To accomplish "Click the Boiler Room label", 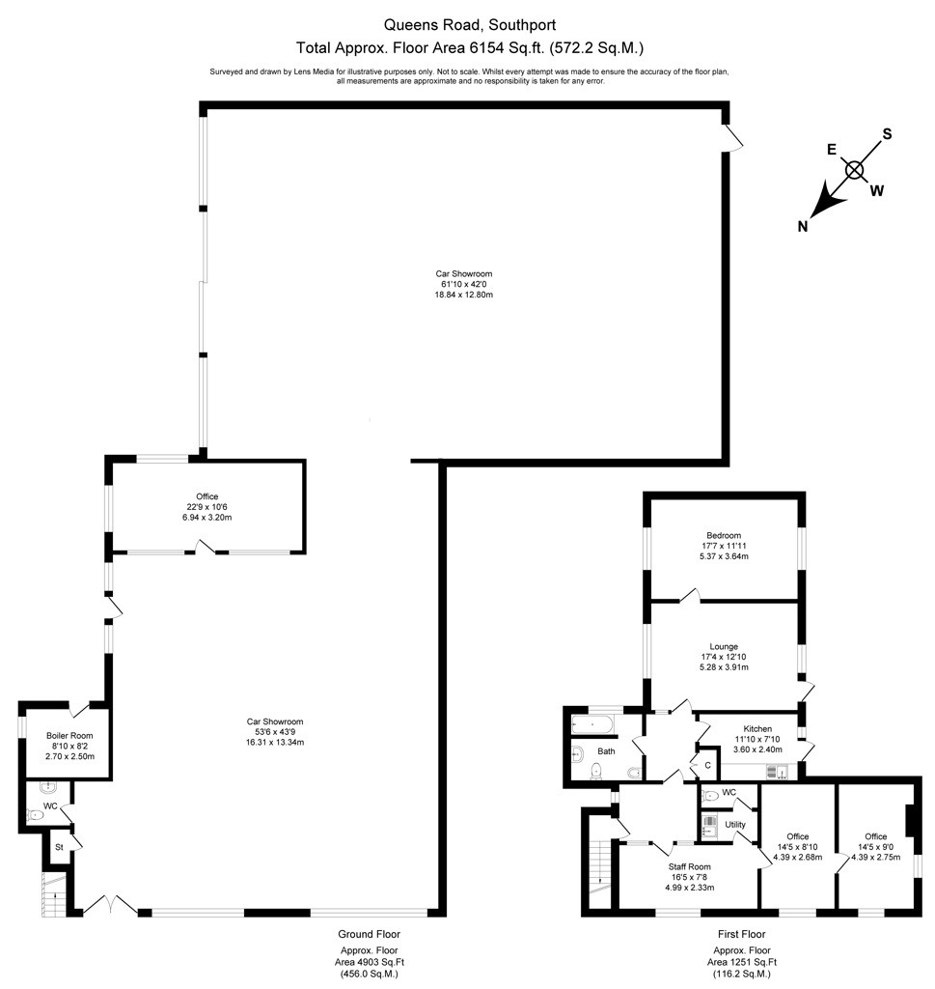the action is click(x=69, y=735).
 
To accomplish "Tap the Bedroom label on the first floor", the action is click(x=724, y=535).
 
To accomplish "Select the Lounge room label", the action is click(x=724, y=646).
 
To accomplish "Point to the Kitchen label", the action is click(x=757, y=728).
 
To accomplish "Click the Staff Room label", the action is click(x=689, y=866).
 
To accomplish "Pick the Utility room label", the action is click(x=734, y=825).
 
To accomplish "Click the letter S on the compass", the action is click(x=887, y=133).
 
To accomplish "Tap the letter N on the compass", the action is click(x=802, y=226).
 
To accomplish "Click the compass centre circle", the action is click(x=854, y=170).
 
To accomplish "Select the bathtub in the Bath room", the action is click(x=592, y=725).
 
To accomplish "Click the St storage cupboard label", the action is click(x=59, y=847).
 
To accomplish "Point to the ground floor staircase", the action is click(x=54, y=894).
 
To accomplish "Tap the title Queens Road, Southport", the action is click(x=470, y=25).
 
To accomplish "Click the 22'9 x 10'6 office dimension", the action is click(x=206, y=507).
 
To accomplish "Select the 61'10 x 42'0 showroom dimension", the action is click(x=464, y=285).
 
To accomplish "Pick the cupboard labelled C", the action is click(x=707, y=765).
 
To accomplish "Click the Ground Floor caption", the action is click(x=370, y=934).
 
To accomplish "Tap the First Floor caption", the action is click(x=742, y=934).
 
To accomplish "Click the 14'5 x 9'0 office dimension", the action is click(x=875, y=847).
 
